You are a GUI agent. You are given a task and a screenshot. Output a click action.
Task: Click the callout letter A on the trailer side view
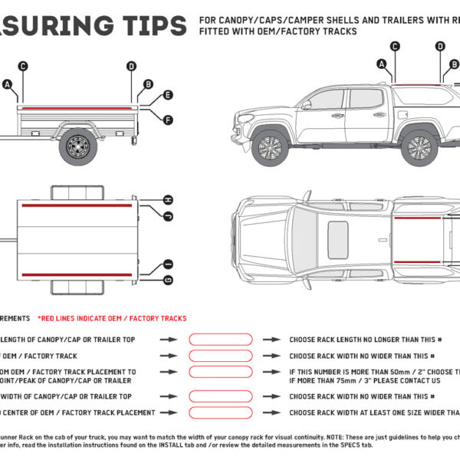pyautogui.click(x=8, y=84)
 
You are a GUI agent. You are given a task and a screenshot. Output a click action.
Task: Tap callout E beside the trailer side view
pyautogui.click(x=168, y=97)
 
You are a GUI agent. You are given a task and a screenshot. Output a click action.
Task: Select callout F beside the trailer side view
pyautogui.click(x=168, y=120)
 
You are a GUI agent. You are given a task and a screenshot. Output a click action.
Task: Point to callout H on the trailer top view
pyautogui.click(x=168, y=200)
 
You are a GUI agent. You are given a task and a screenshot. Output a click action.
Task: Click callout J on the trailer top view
pyautogui.click(x=168, y=217)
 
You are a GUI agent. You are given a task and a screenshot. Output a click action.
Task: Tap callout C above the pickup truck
pyautogui.click(x=395, y=47)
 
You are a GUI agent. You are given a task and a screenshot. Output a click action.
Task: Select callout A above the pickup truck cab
pyautogui.click(x=382, y=64)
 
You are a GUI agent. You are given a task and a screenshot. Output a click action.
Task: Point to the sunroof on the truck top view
pyautogui.click(x=338, y=239)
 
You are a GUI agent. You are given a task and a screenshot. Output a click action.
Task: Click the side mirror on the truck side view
pyautogui.click(x=306, y=105)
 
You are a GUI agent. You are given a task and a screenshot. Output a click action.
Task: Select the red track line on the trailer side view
pyautogui.click(x=77, y=109)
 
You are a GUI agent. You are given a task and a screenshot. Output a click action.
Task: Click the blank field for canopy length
pyautogui.click(x=221, y=339)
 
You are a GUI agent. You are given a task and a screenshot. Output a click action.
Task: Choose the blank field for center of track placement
pyautogui.click(x=221, y=412)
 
